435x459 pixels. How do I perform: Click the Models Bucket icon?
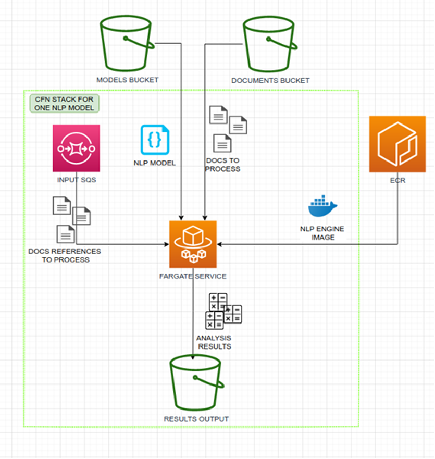click(127, 43)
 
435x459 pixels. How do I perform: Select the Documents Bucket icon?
click(270, 44)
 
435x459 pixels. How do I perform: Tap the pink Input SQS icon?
click(77, 148)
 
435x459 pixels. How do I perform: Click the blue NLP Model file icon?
click(155, 140)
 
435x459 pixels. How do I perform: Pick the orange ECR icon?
click(397, 144)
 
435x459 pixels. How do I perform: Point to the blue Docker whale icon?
click(322, 206)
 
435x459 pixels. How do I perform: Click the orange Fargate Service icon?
click(193, 244)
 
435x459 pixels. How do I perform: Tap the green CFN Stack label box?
click(65, 103)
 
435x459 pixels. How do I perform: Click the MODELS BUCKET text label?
click(127, 80)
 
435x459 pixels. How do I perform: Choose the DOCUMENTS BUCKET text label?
click(270, 81)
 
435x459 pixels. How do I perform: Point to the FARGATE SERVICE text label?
click(193, 276)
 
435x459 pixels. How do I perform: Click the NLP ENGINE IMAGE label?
click(322, 233)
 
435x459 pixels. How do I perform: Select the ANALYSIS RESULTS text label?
click(214, 342)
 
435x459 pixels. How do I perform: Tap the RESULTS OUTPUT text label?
click(196, 419)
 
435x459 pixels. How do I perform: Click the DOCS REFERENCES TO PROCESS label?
click(65, 255)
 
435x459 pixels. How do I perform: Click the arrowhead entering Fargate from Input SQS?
click(167, 244)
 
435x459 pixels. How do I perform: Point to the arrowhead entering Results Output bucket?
click(193, 357)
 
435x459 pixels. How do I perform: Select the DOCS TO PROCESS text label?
click(222, 165)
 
